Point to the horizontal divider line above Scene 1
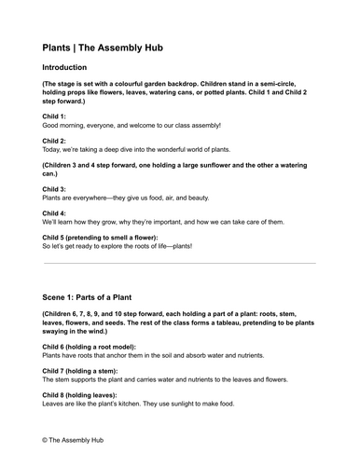pos(179,263)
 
